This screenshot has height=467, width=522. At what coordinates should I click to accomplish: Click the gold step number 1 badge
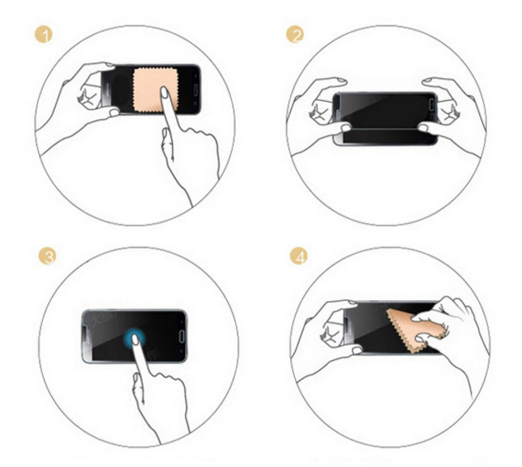click(x=44, y=34)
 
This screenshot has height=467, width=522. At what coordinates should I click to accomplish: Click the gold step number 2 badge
click(x=295, y=34)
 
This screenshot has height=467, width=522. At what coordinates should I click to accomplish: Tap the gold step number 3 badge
click(x=47, y=256)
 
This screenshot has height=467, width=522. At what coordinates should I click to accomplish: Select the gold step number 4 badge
click(x=299, y=256)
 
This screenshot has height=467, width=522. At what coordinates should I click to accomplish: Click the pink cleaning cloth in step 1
click(x=155, y=90)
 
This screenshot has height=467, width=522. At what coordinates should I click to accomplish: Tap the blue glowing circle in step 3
click(x=135, y=339)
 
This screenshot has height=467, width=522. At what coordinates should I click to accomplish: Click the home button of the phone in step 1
click(x=196, y=89)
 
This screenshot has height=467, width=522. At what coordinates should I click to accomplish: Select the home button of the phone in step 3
click(x=181, y=336)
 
